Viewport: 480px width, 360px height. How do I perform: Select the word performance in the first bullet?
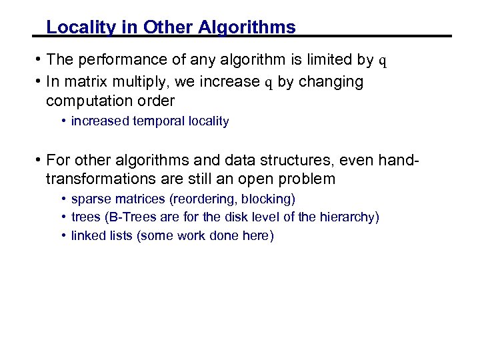(119, 60)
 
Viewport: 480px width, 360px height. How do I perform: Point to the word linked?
(87, 235)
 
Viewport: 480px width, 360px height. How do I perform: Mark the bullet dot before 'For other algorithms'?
(39, 160)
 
